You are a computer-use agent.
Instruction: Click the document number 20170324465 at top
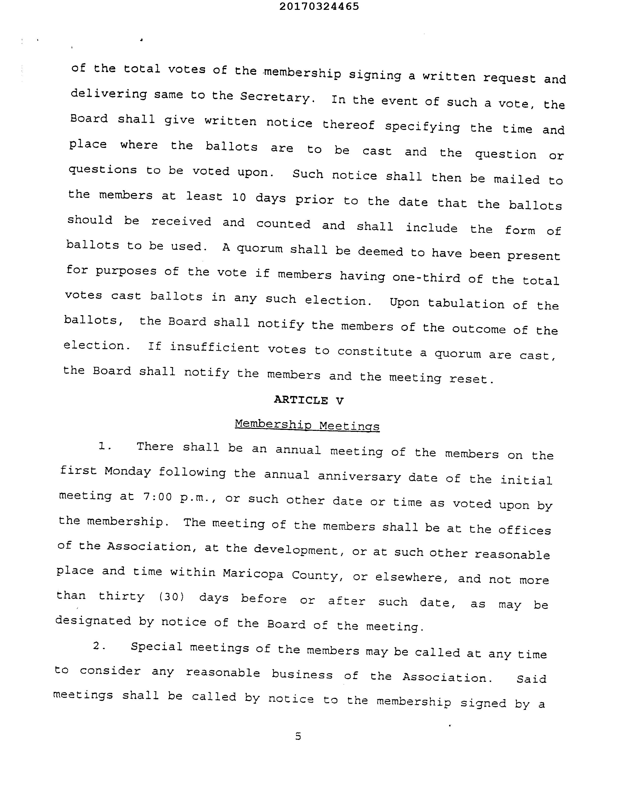(319, 6)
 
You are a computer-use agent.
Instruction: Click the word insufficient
(215, 348)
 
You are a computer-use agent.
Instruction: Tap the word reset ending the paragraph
(471, 379)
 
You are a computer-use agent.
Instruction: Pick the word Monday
(127, 472)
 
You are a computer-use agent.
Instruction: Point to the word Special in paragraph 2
(156, 647)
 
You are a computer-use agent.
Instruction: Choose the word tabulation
(466, 304)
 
